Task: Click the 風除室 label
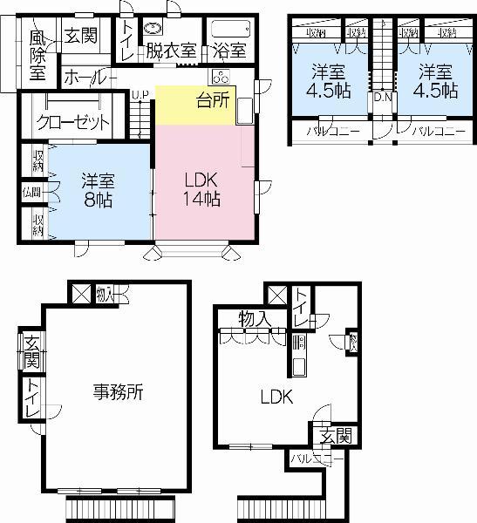click(x=37, y=54)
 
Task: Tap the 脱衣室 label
click(x=171, y=50)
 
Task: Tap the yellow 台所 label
click(x=214, y=99)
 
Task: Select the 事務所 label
click(x=118, y=392)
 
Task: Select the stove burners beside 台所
click(x=218, y=75)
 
